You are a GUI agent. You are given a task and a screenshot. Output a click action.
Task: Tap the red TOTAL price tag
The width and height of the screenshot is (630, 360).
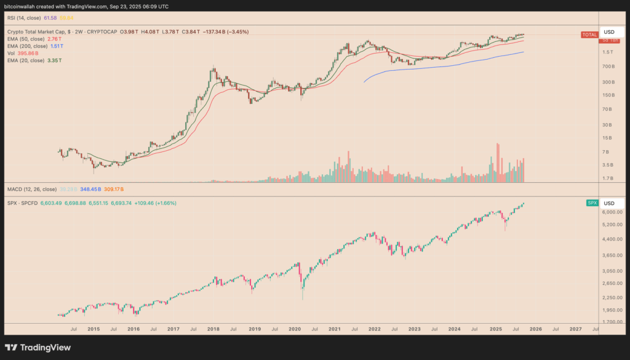[x=589, y=34]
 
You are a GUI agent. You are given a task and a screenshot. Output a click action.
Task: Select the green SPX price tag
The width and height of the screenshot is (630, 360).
[x=591, y=202]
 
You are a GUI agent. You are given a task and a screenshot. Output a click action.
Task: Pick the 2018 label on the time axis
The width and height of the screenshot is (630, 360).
[x=213, y=330]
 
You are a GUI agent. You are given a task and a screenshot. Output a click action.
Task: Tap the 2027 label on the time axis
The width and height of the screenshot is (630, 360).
[x=575, y=330]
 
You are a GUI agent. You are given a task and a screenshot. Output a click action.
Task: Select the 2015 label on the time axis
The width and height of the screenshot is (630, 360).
[x=94, y=330]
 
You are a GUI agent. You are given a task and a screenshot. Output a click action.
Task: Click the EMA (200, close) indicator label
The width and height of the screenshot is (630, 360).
[x=26, y=46]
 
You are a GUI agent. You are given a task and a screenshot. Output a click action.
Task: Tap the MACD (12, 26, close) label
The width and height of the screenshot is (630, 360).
[x=32, y=188]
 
